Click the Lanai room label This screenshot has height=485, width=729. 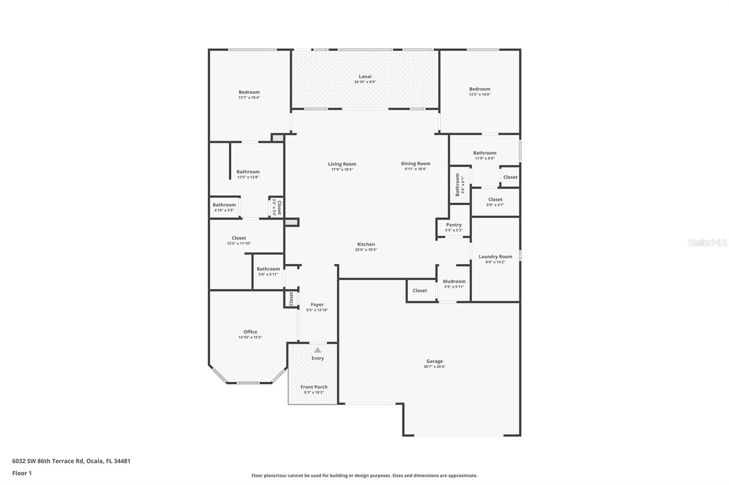coord(365,76)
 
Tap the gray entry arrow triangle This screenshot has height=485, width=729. coord(318,350)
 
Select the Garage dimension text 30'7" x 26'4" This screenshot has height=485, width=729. coord(434,367)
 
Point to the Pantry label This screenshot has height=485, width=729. coord(454,225)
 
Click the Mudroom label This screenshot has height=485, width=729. coord(454,281)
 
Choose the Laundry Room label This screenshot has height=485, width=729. coord(495,257)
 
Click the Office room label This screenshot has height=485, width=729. coord(250,332)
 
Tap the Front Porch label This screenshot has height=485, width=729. coord(314,387)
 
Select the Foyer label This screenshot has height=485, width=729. coord(317,305)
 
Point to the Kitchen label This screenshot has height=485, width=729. coord(366,244)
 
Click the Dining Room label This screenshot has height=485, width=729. coord(416,163)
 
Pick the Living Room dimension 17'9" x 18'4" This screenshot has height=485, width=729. coord(342,170)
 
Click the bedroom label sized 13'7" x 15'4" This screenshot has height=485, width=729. coord(249,92)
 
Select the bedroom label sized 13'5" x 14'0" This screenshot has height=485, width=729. coord(480,89)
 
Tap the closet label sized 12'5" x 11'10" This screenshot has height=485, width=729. coord(239,238)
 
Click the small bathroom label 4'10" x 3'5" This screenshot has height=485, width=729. coord(224,205)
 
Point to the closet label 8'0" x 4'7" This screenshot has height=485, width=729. coord(495,199)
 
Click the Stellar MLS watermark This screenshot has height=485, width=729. coord(707,242)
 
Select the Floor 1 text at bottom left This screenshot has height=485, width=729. coord(22,473)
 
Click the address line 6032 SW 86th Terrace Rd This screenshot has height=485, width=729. coord(71,461)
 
